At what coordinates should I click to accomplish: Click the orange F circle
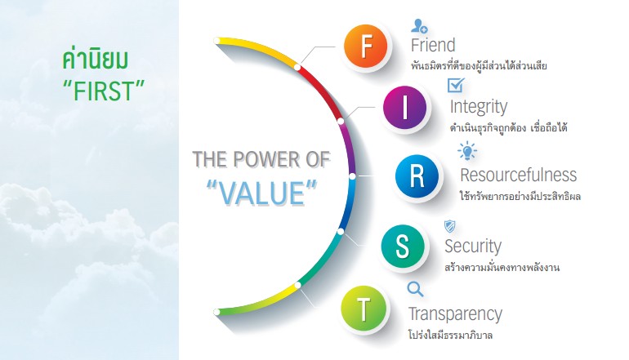coord(365,46)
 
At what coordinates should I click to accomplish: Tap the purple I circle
coord(404,107)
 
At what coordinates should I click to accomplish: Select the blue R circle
coord(417,176)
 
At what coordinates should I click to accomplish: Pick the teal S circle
coord(403,246)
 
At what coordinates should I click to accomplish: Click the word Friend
coord(433,45)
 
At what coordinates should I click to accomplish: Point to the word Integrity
coord(479,107)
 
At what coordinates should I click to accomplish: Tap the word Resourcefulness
coord(518,175)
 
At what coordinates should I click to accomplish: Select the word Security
coord(473,247)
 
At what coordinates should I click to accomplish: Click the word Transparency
coord(455,314)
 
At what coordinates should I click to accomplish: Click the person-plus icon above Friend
coord(419,26)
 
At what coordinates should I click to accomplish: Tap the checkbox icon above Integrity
coord(456,85)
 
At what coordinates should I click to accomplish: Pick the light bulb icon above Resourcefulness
coord(467,151)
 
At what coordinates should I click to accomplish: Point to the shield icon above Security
coord(449,226)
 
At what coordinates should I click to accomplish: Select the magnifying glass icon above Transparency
coord(415,289)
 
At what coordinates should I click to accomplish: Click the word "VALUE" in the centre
coord(262,193)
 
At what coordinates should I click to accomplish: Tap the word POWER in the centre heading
coord(266,159)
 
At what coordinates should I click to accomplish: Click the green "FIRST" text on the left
coord(104,91)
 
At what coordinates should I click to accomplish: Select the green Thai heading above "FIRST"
coord(95,60)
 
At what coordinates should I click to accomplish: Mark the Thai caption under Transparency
coord(450,335)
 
